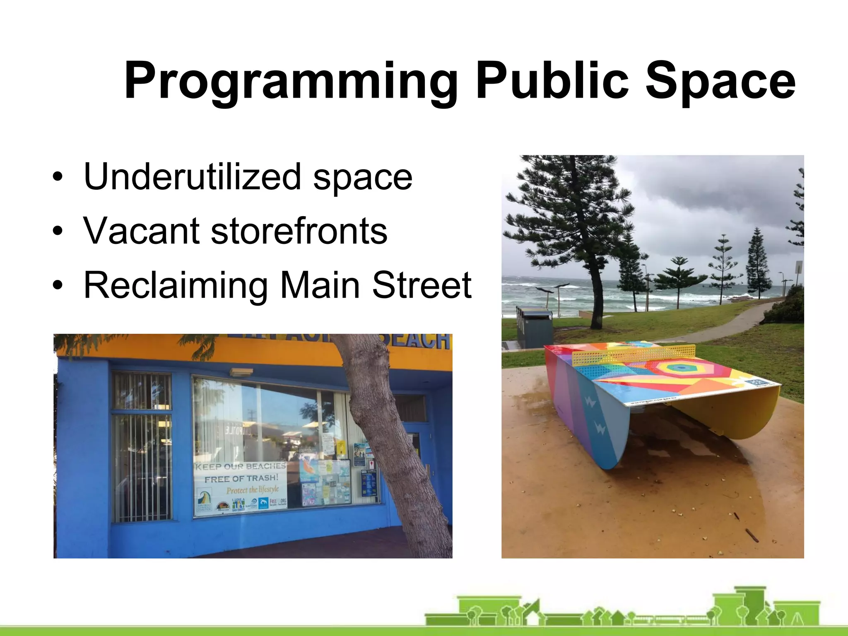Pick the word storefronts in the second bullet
click(x=299, y=231)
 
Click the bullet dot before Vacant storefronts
click(x=58, y=231)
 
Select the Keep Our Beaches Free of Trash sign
click(x=240, y=489)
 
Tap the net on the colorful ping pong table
click(x=634, y=354)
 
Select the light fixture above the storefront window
click(x=241, y=371)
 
